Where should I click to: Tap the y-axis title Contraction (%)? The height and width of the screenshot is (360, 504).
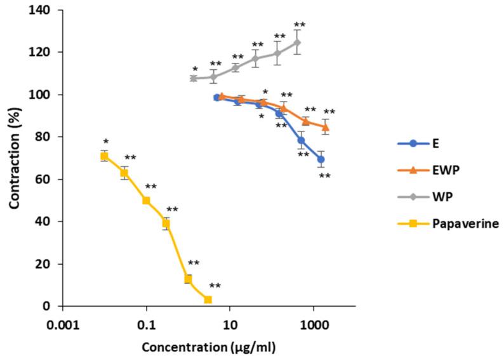[14, 157]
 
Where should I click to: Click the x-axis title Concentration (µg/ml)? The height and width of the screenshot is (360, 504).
[209, 348]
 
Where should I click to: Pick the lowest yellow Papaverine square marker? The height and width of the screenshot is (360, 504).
[208, 300]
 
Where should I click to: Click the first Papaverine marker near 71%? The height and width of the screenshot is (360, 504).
[104, 156]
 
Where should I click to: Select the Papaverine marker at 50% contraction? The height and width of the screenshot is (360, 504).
[146, 201]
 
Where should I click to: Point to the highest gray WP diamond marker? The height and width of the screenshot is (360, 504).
[297, 43]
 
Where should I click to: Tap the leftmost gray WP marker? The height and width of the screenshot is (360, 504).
[194, 78]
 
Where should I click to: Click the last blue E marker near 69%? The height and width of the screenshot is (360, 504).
[321, 159]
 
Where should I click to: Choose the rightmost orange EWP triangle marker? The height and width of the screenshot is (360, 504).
[326, 127]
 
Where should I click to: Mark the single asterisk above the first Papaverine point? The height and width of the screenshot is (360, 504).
[106, 142]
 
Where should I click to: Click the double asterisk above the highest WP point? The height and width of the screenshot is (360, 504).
[299, 25]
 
